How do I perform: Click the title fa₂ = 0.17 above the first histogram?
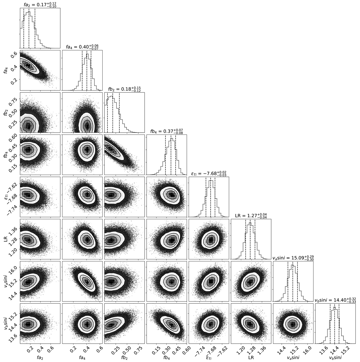point(40,5)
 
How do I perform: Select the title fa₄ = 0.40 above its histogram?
point(82,47)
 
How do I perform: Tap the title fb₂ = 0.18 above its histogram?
point(124,89)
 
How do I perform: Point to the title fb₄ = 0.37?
point(166,131)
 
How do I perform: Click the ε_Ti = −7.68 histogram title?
point(208,173)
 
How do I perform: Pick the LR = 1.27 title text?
point(251,216)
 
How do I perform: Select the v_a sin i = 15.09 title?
point(293,258)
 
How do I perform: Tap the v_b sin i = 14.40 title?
point(335,300)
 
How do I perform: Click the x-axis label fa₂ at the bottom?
point(40,357)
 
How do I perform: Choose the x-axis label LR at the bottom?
point(251,356)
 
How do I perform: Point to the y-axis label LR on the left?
point(6,239)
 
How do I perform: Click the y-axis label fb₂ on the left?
point(6,112)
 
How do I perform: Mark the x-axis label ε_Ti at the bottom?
point(209,357)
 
